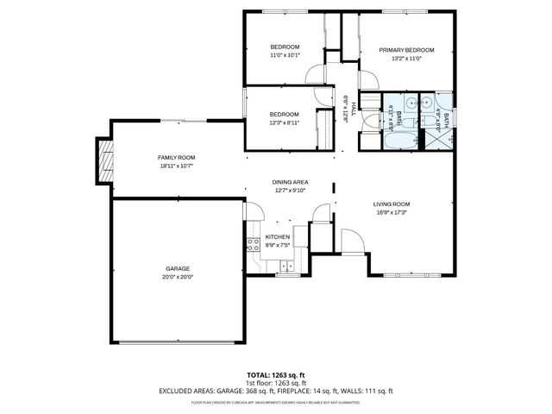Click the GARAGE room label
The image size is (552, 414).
178,268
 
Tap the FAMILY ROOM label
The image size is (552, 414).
176,157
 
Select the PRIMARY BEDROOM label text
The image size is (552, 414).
406,50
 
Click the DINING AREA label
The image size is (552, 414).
290,182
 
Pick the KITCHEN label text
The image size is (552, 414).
277,236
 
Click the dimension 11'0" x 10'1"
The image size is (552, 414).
284,55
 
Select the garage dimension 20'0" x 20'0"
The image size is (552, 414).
178,277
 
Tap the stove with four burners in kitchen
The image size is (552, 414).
254,244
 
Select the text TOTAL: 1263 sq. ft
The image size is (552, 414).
275,375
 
